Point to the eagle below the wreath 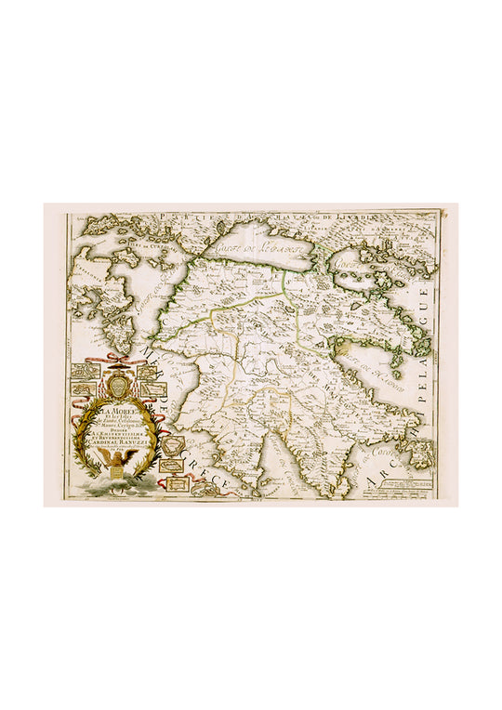pyautogui.click(x=117, y=468)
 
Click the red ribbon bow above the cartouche pyautogui.click(x=115, y=358)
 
